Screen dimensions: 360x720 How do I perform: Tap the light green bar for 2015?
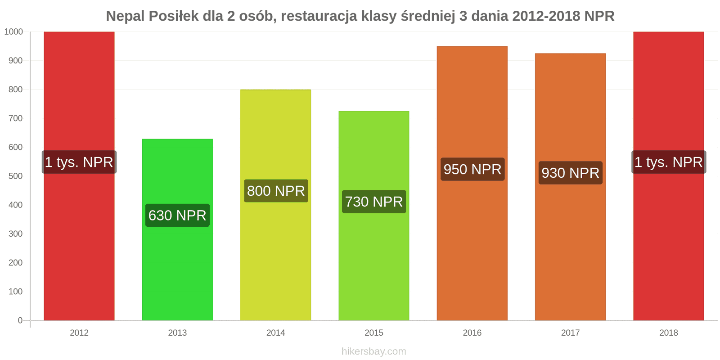(373, 261)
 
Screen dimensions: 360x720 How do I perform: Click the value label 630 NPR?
(177, 216)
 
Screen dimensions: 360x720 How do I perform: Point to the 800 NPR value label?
(276, 191)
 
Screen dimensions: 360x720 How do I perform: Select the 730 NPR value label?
(374, 202)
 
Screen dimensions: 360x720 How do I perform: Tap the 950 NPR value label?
(472, 169)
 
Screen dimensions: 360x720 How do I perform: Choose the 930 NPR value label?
(570, 173)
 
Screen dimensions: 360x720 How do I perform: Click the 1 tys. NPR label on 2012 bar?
(79, 162)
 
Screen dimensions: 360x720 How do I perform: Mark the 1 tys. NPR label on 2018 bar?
(669, 162)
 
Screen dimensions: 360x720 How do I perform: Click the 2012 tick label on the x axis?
(79, 333)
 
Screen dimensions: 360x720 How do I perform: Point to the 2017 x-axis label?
(570, 333)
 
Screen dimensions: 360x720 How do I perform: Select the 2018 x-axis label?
(669, 333)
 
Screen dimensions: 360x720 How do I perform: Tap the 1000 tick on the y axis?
(13, 32)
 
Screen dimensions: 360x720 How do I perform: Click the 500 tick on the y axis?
(15, 176)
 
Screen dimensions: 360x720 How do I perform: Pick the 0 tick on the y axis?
(20, 320)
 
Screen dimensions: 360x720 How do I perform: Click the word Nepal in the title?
(125, 16)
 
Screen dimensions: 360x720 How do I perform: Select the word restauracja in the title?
(320, 16)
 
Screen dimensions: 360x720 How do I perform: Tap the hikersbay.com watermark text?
(373, 351)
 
